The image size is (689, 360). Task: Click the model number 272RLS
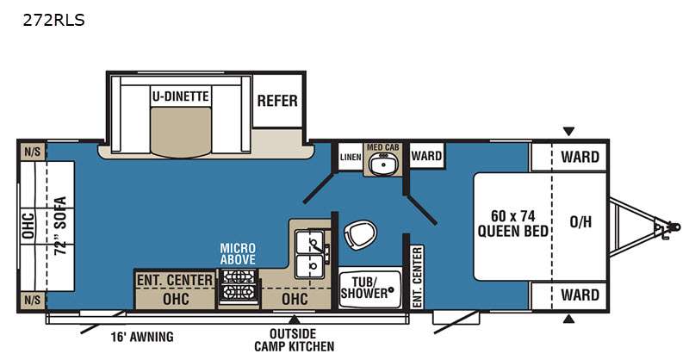click(x=53, y=20)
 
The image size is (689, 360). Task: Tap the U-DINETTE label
click(x=180, y=96)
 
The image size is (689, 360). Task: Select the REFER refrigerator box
click(x=277, y=101)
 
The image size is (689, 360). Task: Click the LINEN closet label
click(x=351, y=157)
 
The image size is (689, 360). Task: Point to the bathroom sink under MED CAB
click(x=382, y=164)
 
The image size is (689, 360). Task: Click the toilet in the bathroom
click(x=360, y=234)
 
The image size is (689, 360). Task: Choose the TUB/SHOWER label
click(x=365, y=288)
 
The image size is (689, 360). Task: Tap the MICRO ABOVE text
click(x=238, y=253)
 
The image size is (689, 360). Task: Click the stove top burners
click(x=238, y=286)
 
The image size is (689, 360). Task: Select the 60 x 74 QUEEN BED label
click(x=512, y=223)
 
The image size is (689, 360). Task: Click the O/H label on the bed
click(x=580, y=222)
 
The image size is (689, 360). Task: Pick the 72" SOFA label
click(x=60, y=226)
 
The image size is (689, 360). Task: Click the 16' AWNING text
click(x=142, y=337)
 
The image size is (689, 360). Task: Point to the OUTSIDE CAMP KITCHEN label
click(x=294, y=340)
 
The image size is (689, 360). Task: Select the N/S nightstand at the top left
click(x=32, y=152)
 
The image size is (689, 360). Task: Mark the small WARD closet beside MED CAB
click(x=426, y=156)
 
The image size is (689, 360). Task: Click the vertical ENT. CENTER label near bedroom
click(x=417, y=277)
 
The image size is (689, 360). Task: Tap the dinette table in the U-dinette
click(x=181, y=131)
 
